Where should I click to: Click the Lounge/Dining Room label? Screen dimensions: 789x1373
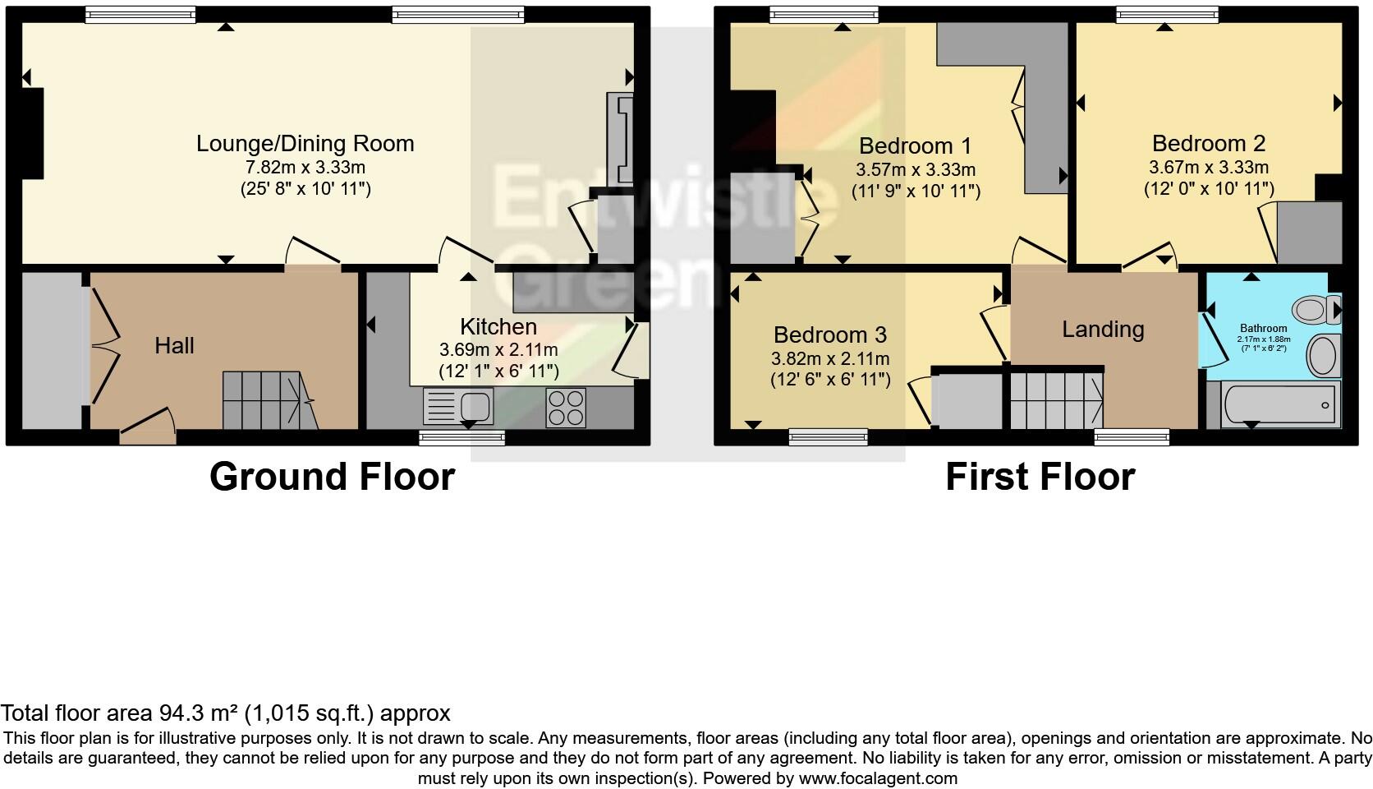click(305, 144)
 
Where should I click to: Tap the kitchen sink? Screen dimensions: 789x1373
click(457, 406)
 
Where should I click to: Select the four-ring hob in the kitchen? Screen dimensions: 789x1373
click(566, 407)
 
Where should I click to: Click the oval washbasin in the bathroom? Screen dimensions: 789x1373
click(1322, 355)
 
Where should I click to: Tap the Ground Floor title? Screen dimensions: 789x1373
click(332, 477)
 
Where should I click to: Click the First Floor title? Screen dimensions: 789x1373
click(1040, 477)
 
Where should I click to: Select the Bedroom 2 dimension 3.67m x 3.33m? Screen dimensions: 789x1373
click(1209, 168)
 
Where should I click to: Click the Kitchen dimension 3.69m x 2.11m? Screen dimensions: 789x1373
click(498, 349)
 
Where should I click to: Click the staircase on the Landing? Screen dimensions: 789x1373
click(1056, 399)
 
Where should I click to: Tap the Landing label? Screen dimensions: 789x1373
click(1103, 330)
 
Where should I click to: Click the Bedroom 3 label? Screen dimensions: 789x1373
click(830, 335)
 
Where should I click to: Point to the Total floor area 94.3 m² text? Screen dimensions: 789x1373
click(225, 713)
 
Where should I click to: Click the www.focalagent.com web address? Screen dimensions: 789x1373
click(878, 777)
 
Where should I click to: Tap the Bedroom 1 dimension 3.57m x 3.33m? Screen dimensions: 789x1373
click(916, 170)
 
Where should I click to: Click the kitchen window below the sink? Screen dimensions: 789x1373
click(462, 438)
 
